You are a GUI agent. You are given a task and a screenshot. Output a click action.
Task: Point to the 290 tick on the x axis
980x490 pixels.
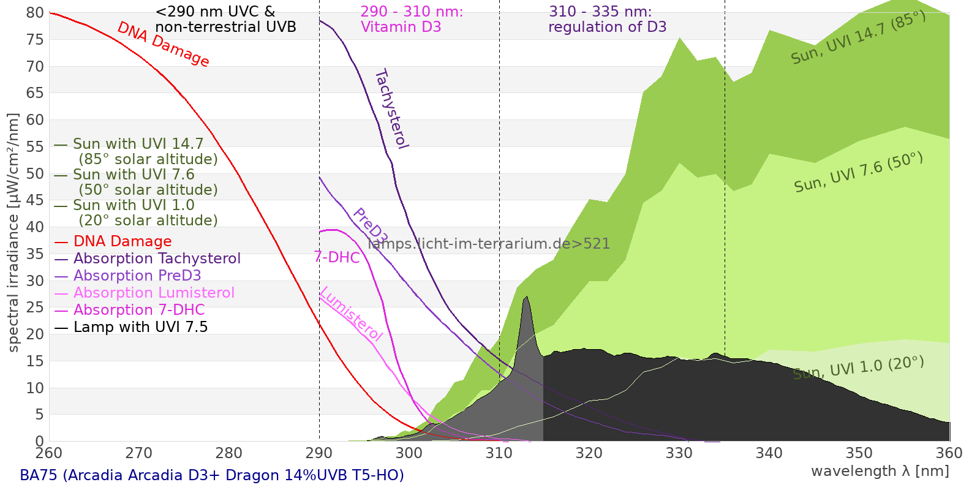click(319, 453)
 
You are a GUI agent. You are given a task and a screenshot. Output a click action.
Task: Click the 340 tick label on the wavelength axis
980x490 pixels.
click(769, 453)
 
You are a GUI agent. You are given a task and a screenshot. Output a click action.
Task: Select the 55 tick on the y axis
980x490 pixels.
click(36, 146)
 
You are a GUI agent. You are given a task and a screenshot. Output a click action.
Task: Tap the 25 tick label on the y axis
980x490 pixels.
click(36, 307)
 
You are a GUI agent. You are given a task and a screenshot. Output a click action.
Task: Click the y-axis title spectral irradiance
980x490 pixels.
click(13, 232)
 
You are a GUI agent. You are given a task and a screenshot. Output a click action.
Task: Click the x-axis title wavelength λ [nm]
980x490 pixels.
click(880, 471)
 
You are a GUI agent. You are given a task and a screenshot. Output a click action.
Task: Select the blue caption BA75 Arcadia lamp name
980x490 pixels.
click(212, 475)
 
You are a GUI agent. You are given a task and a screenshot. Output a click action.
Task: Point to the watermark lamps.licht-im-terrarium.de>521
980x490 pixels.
click(489, 244)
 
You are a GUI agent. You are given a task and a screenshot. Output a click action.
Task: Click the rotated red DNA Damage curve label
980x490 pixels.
click(163, 44)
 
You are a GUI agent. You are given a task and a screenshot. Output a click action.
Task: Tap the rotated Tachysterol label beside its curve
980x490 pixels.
click(391, 109)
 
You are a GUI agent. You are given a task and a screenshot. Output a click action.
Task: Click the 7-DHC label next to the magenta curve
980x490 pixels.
click(337, 257)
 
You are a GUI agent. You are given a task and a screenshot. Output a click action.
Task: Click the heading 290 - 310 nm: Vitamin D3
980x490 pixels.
click(412, 20)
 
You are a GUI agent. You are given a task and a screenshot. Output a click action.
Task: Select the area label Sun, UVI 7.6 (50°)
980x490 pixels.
click(858, 173)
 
